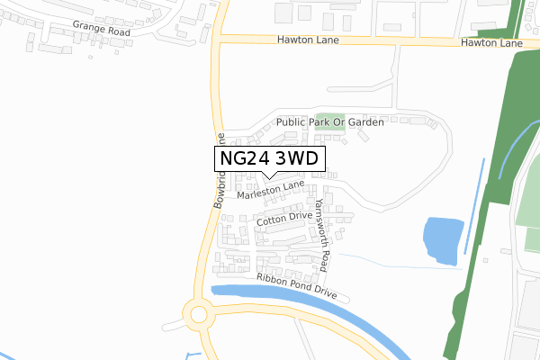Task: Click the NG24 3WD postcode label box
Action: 269,158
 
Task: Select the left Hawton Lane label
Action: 307,40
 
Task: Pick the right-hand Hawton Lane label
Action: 490,43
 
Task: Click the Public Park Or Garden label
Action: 330,121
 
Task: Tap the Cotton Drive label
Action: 283,218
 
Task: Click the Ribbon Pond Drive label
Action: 296,286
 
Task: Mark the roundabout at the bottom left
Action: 197,314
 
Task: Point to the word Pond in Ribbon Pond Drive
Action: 296,286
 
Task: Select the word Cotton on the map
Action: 272,220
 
